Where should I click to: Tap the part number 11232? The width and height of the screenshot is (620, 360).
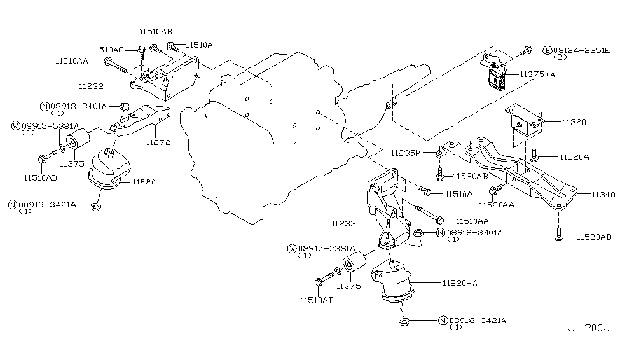pyautogui.click(x=92, y=85)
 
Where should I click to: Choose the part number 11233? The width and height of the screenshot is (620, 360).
pyautogui.click(x=343, y=223)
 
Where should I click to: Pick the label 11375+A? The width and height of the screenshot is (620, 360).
pyautogui.click(x=538, y=74)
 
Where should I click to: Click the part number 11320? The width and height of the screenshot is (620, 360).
pyautogui.click(x=556, y=121)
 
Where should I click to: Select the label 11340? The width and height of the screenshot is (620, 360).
pyautogui.click(x=603, y=195)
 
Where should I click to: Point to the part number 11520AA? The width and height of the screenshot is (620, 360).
pyautogui.click(x=497, y=205)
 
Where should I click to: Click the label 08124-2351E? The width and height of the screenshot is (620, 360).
pyautogui.click(x=581, y=49)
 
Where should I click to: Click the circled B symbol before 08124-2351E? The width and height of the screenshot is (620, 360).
pyautogui.click(x=546, y=49)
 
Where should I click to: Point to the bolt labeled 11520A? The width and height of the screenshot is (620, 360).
pyautogui.click(x=535, y=154)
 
